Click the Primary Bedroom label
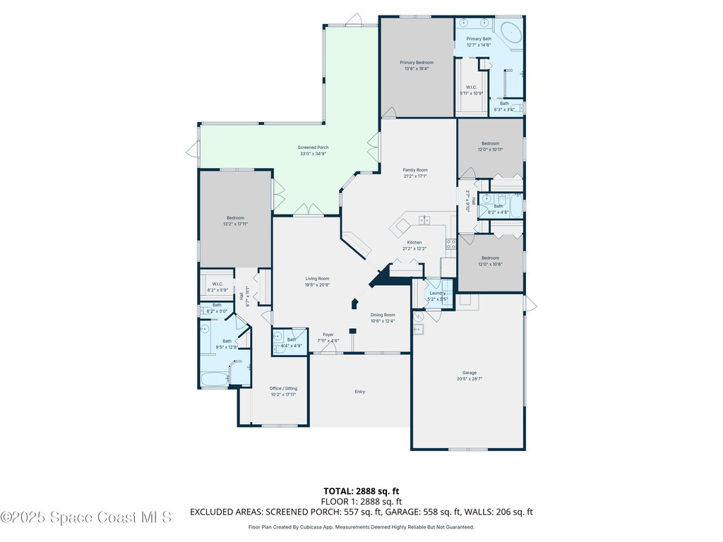pyautogui.click(x=417, y=63)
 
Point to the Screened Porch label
pyautogui.click(x=313, y=147)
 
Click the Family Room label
pyautogui.click(x=415, y=170)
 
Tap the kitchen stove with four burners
pyautogui.click(x=450, y=243)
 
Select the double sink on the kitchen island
pyautogui.click(x=425, y=220)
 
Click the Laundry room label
pyautogui.click(x=437, y=293)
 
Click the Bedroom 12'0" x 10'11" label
pyautogui.click(x=490, y=144)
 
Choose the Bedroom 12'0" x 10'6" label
pyautogui.click(x=490, y=258)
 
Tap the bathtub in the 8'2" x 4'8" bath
pyautogui.click(x=515, y=206)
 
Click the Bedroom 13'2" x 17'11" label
pyautogui.click(x=235, y=218)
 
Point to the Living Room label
pyautogui.click(x=317, y=279)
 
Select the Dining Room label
pyautogui.click(x=383, y=315)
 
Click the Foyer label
pyautogui.click(x=328, y=335)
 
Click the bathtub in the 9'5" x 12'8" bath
pyautogui.click(x=214, y=380)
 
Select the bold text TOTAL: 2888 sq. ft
pyautogui.click(x=361, y=490)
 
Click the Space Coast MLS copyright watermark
pyautogui.click(x=86, y=517)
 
